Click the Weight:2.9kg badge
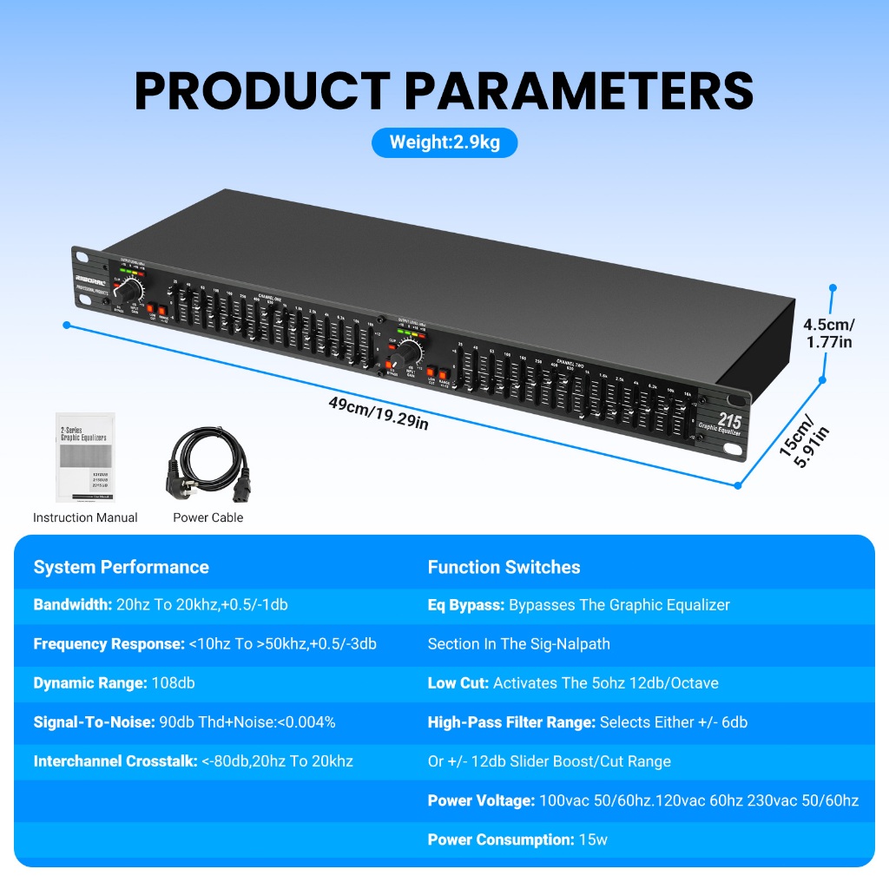[444, 142]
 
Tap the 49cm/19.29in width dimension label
[379, 414]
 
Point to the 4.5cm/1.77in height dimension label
[828, 333]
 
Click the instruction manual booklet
[85, 458]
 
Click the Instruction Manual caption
[85, 517]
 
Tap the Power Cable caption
[207, 517]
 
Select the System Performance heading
[121, 567]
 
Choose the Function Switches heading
[504, 567]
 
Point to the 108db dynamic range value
[173, 683]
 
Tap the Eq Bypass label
[466, 605]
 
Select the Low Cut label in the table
[458, 683]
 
